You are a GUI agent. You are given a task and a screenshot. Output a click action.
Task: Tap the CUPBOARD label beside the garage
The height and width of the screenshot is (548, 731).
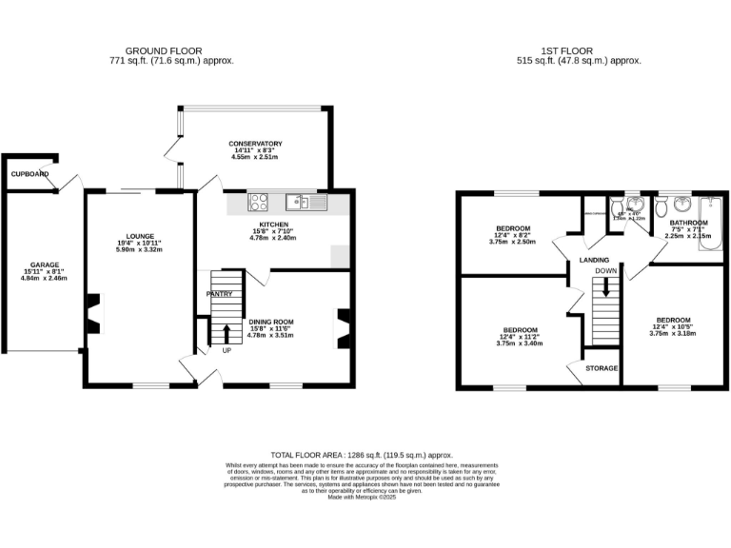[29, 174]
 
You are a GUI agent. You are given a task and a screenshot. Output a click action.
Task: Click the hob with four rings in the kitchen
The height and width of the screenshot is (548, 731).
[259, 202]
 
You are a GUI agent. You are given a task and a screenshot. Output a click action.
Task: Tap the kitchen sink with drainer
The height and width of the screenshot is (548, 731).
[306, 202]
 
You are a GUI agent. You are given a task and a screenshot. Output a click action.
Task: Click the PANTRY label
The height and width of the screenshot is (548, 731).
[220, 294]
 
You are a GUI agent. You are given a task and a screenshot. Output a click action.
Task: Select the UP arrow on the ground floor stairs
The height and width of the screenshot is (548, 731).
[227, 335]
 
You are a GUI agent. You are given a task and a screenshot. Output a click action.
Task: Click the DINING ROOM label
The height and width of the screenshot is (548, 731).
[271, 322]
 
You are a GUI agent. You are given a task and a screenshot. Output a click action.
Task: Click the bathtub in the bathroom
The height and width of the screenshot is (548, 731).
[711, 224]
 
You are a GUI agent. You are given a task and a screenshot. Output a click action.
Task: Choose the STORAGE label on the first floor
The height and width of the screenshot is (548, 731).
[602, 368]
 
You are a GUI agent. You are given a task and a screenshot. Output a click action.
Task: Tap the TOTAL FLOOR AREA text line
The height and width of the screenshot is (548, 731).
[361, 456]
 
